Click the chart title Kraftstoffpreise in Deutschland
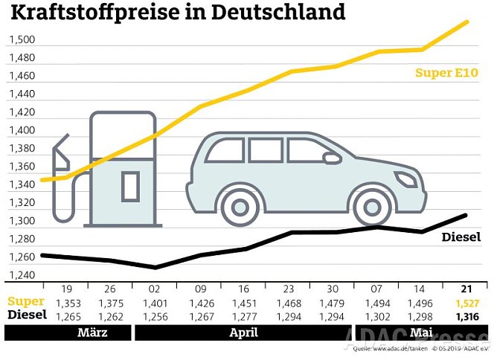coord(178,13)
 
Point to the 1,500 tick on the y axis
coord(22,40)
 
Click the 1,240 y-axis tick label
coord(22,275)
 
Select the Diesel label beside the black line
coord(461,237)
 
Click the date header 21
coord(465,289)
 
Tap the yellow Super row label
coord(26,302)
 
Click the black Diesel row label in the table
coord(28,315)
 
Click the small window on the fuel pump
coord(130,185)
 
